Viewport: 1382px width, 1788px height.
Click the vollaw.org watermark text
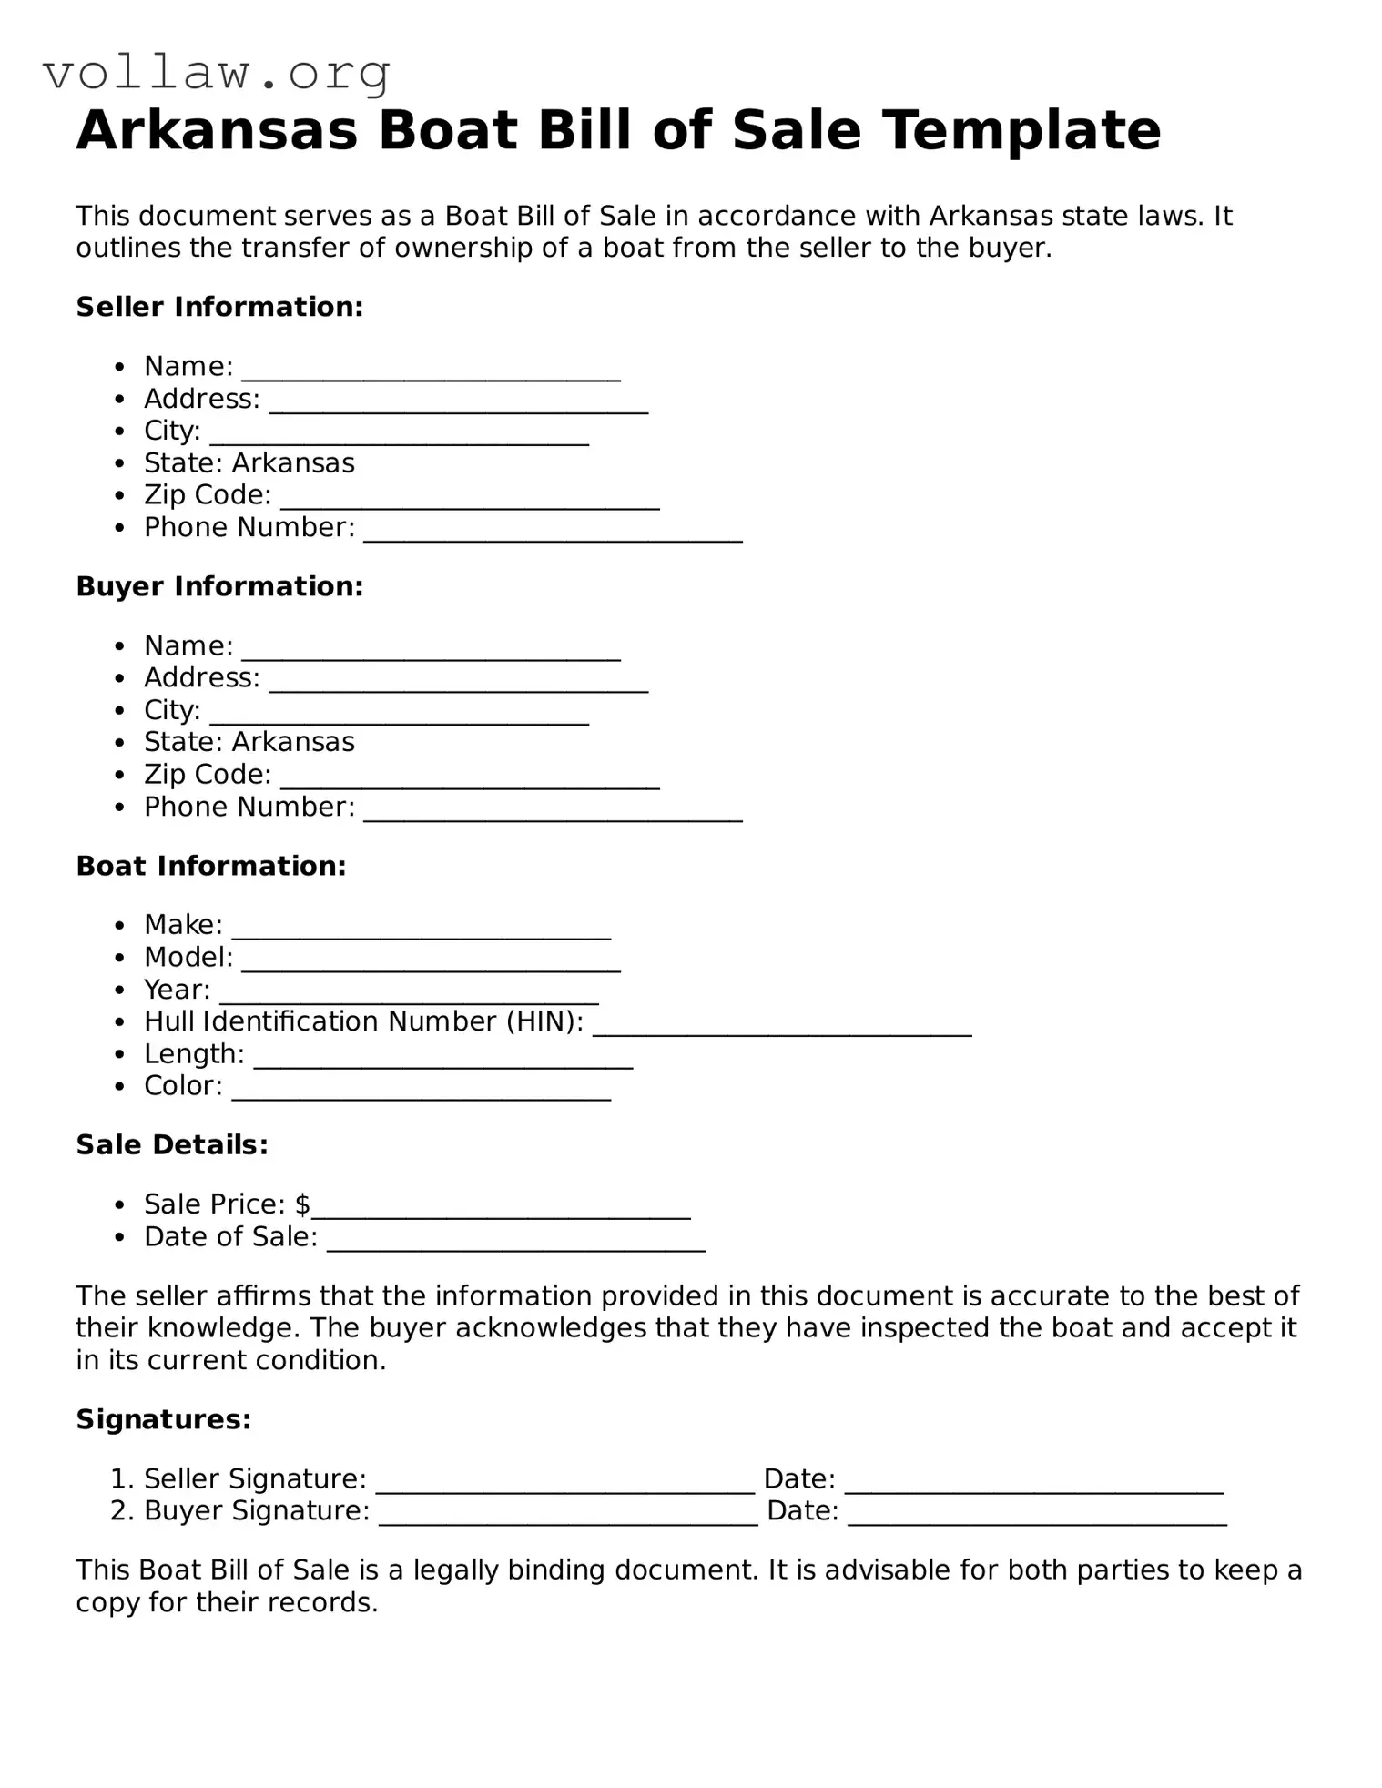click(x=217, y=73)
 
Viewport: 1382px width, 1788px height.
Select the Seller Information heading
click(x=219, y=307)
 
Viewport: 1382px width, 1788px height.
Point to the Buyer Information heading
click(x=219, y=586)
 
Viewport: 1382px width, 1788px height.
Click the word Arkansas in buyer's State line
click(x=293, y=742)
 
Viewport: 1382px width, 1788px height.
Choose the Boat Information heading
click(x=211, y=866)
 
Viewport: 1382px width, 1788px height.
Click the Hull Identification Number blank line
click(x=782, y=1030)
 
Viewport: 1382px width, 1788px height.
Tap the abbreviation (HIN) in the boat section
click(x=544, y=1021)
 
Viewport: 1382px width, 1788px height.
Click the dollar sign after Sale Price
click(x=302, y=1204)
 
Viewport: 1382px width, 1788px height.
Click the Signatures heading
click(x=163, y=1419)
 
